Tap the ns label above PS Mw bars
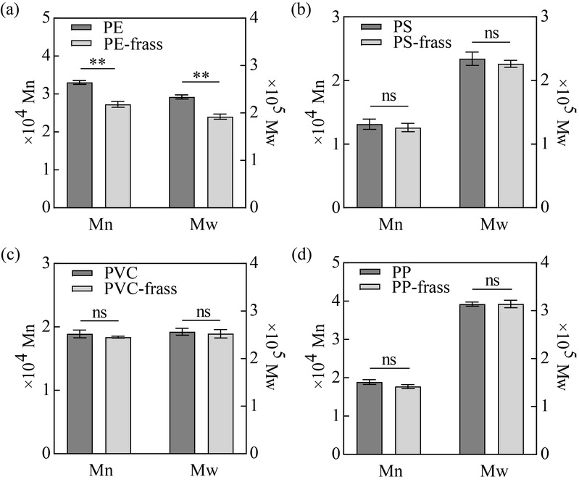pos(492,34)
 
